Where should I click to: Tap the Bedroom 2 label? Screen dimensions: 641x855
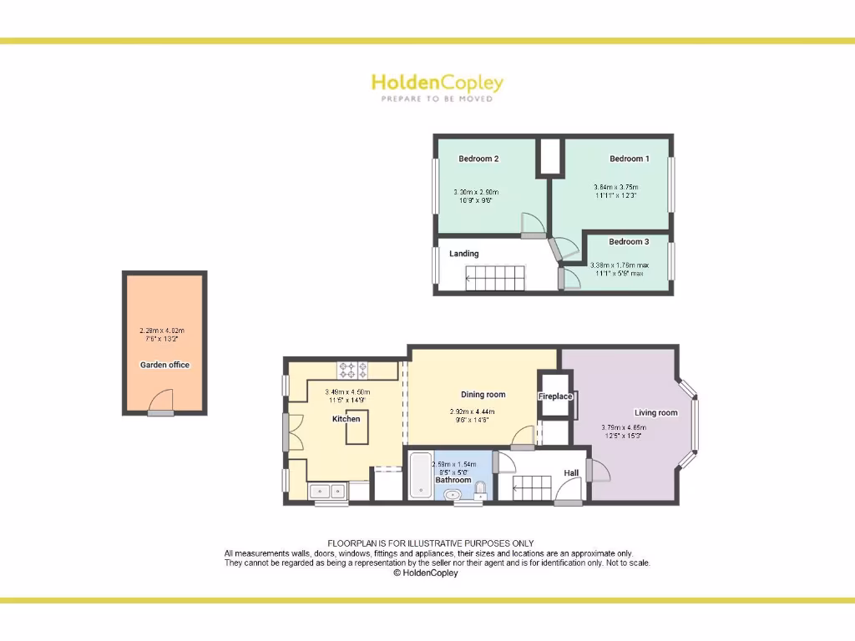coord(478,159)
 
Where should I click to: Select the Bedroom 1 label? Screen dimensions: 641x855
coord(629,159)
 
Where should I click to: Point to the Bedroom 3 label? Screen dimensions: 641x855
coord(628,242)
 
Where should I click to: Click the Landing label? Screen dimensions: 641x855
coord(464,254)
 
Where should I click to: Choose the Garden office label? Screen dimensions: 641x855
coord(164,365)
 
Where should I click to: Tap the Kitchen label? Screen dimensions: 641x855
coord(347,419)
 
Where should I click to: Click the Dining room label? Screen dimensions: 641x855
coord(483,395)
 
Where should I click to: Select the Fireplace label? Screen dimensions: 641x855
coord(555,396)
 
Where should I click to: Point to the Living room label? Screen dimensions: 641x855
coord(656,412)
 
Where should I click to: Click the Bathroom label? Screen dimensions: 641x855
coord(453,480)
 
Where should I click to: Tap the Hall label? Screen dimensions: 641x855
coord(571,473)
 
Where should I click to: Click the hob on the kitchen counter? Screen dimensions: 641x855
coord(352,369)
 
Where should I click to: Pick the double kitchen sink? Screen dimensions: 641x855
coord(326,492)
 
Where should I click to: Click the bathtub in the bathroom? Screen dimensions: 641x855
coord(419,476)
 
